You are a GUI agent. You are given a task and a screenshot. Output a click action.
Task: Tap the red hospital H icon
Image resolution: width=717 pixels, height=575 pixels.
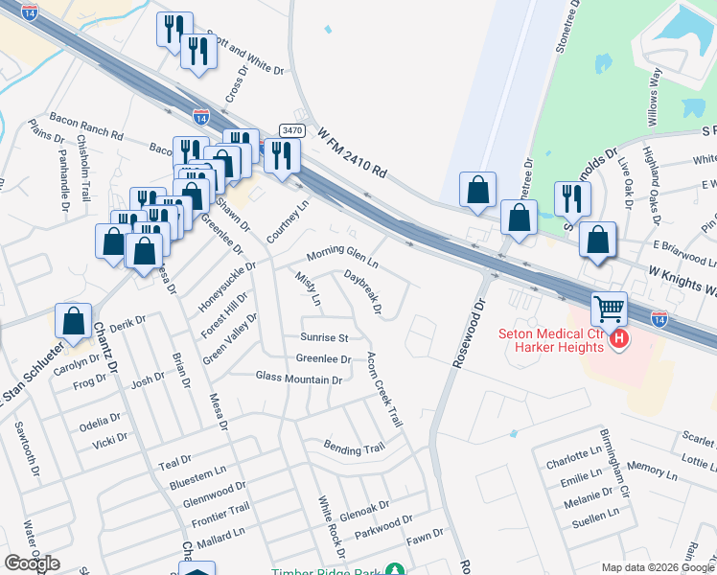619,338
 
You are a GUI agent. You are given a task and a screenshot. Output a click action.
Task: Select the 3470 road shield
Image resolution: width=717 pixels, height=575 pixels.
292,130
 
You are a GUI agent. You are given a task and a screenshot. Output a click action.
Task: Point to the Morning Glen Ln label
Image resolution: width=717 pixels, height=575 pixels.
342,258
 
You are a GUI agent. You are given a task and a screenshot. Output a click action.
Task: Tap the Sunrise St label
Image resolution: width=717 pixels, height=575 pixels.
324,337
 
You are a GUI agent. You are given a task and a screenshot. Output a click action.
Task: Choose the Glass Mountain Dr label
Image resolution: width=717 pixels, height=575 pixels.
299,379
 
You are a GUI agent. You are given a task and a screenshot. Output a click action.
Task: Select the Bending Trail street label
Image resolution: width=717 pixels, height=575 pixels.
354,448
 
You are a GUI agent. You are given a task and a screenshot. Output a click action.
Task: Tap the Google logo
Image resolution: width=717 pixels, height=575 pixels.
32,563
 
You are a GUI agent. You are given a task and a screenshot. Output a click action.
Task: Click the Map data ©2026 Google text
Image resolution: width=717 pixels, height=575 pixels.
658,567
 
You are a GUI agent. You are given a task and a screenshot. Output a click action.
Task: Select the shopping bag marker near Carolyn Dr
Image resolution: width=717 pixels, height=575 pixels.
73,324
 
